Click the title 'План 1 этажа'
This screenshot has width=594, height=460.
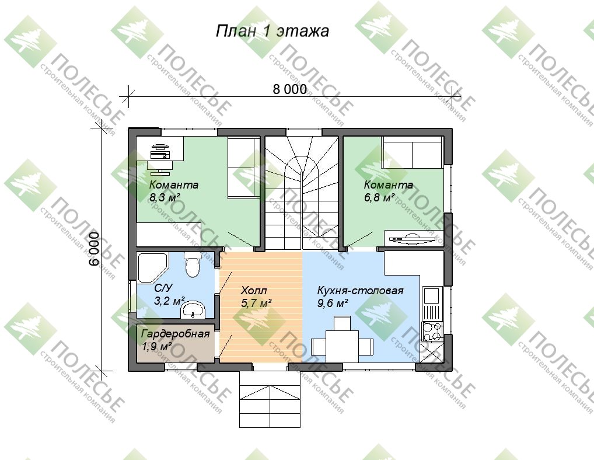point(272,31)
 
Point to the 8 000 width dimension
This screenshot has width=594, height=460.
point(290,89)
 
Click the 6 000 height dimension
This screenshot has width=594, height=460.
point(95,249)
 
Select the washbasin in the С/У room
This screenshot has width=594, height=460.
point(193,309)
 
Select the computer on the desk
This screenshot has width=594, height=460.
point(159,152)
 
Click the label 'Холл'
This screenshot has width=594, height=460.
point(254,291)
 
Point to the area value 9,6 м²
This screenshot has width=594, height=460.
point(333,303)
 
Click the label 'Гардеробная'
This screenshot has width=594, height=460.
point(175,334)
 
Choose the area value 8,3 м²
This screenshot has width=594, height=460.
point(164,197)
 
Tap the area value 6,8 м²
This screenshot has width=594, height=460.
point(379,197)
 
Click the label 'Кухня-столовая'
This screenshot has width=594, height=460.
point(360,291)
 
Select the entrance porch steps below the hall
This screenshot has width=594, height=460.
point(271,399)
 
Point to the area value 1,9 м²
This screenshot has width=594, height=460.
point(157,346)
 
